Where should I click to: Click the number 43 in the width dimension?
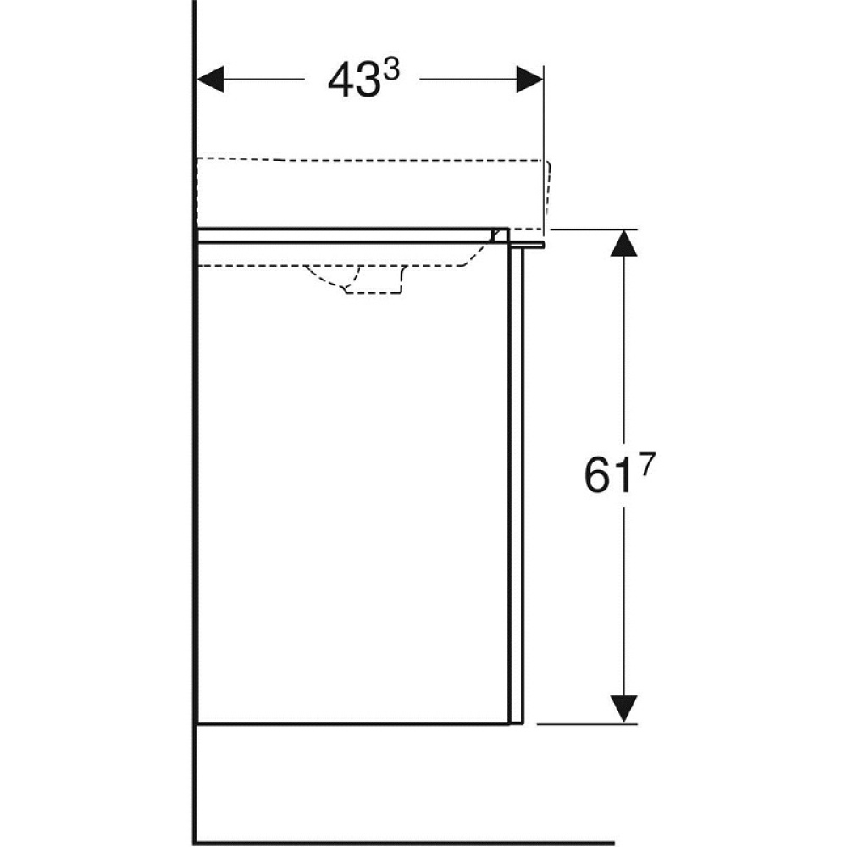350,81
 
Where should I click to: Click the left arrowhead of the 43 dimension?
210,80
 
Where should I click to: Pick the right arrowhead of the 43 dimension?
529,80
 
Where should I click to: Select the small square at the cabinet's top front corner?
501,235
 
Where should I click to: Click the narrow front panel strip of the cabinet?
518,483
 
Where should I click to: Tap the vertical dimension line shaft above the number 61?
624,356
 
